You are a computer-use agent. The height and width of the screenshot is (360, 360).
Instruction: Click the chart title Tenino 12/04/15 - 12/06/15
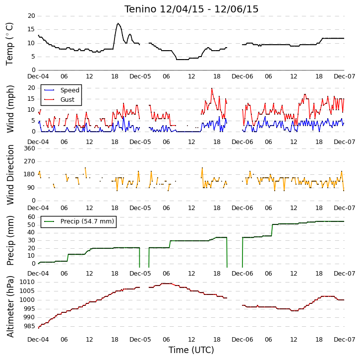[x=191, y=9]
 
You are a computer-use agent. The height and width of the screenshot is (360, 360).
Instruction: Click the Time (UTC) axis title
[x=191, y=350]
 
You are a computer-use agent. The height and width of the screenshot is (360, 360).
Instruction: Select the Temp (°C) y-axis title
[x=9, y=44]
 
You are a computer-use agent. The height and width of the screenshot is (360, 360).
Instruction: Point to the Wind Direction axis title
[x=10, y=175]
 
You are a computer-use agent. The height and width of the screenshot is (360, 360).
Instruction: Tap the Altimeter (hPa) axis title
[x=10, y=306]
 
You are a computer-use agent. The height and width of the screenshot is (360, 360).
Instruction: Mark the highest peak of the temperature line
[x=118, y=23]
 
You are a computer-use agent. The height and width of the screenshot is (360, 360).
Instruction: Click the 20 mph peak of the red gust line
[x=212, y=88]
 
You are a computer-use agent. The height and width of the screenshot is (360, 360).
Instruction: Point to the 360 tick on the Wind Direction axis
[x=30, y=148]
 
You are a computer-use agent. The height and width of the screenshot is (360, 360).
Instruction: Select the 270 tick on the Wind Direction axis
[x=30, y=161]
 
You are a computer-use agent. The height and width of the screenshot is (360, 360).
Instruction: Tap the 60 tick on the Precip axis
[x=31, y=217]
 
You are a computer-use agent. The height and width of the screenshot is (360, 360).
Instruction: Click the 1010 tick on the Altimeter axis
[x=27, y=282]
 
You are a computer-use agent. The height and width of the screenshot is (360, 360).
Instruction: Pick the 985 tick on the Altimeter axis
[x=29, y=326]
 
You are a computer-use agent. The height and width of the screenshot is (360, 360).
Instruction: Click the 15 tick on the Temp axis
[x=31, y=29]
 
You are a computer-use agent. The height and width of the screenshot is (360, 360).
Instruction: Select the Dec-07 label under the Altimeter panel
[x=345, y=339]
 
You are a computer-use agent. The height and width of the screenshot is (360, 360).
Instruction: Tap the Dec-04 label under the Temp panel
[x=38, y=76]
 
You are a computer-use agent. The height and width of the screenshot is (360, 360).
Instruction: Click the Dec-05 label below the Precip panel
[x=140, y=273]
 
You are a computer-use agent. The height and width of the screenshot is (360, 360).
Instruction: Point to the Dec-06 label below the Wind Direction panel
[x=242, y=208]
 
